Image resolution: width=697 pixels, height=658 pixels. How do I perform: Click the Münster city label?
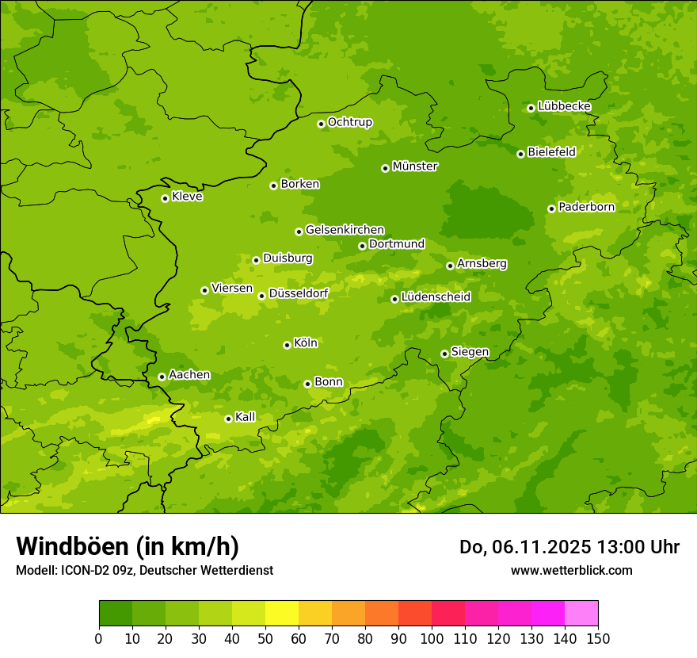point(415,166)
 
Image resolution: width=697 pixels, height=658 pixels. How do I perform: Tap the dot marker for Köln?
point(287,345)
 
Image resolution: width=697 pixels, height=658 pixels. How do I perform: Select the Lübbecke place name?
point(564,106)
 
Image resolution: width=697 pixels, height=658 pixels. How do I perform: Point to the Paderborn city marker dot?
point(551,208)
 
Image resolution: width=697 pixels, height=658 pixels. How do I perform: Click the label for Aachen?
point(189,375)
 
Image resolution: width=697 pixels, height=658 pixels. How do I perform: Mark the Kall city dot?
point(228,419)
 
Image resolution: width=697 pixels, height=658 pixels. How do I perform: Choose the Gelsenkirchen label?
point(345,230)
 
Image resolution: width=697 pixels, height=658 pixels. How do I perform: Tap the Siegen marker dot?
point(444,354)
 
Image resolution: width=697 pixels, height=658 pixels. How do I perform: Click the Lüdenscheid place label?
point(436,297)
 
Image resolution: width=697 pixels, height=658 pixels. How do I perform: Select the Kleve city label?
point(187,197)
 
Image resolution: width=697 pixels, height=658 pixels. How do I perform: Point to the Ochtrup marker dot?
point(321,124)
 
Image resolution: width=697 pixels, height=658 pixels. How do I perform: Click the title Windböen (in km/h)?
point(128,546)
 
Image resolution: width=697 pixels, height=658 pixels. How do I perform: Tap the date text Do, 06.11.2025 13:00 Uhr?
point(569,547)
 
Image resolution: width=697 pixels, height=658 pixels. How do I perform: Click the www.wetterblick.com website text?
point(571,570)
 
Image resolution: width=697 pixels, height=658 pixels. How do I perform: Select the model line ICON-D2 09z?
point(144,570)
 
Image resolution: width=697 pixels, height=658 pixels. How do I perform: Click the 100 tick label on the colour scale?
point(432,639)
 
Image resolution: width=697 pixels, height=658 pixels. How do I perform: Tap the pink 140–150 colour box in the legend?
point(581,614)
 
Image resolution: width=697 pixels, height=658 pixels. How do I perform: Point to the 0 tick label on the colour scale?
point(99,639)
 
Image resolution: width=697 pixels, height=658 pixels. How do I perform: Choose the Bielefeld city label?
point(551,152)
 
